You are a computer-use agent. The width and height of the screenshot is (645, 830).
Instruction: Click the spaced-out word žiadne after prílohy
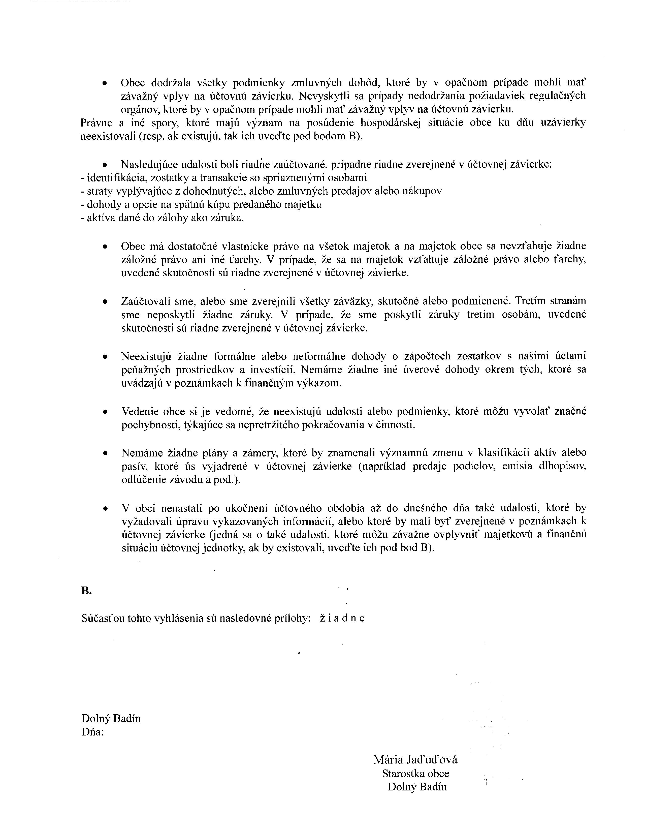tap(342, 618)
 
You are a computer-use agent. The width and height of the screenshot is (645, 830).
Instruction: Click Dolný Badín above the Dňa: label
tap(111, 718)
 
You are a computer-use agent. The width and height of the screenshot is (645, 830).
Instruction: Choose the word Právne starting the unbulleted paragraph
tap(95, 123)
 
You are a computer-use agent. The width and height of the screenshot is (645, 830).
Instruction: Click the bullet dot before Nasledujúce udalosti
tap(105, 165)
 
